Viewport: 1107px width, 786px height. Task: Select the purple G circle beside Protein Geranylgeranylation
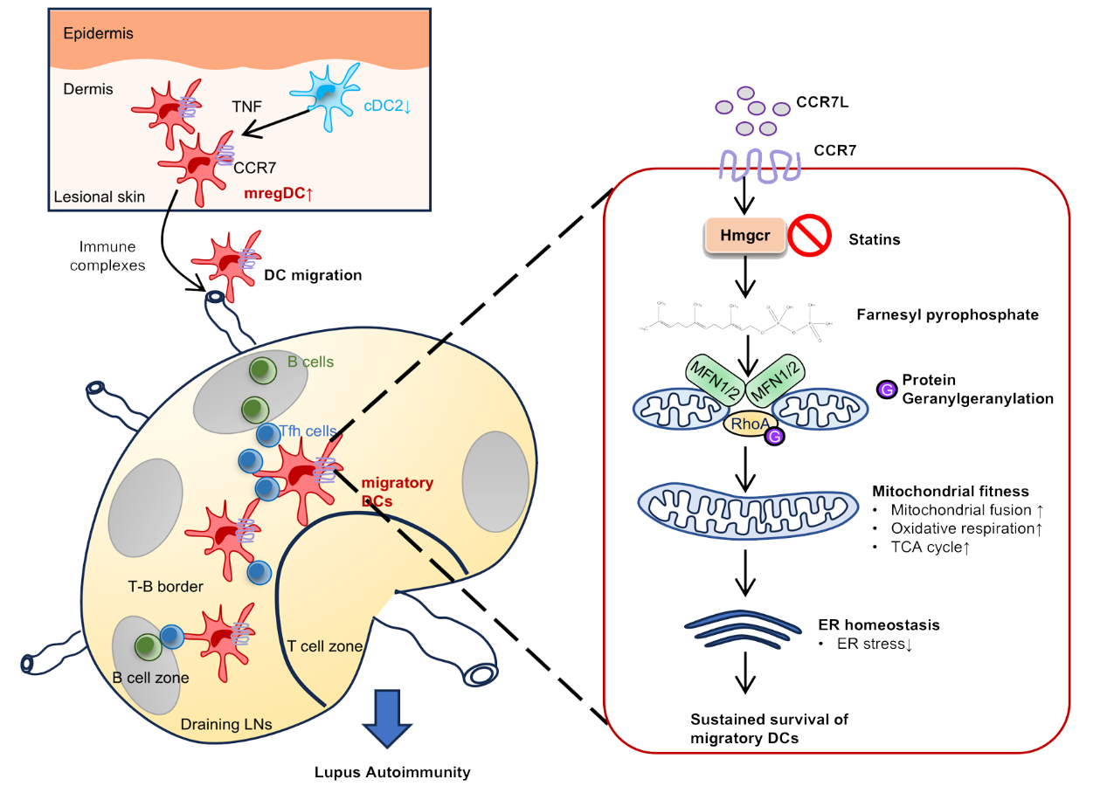[886, 390]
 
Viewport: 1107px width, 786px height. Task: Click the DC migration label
[312, 275]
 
